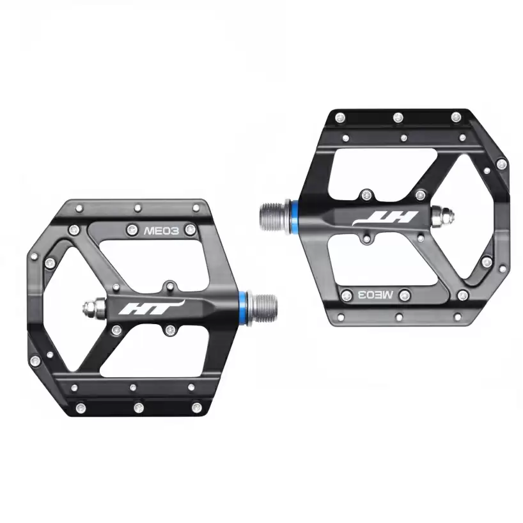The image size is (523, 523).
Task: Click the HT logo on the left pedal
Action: (151, 308)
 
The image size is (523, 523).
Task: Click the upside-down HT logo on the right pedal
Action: (385, 219)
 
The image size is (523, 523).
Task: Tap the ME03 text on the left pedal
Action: (161, 231)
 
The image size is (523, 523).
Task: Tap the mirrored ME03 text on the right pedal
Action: (375, 295)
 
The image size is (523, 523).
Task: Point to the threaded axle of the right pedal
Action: (275, 216)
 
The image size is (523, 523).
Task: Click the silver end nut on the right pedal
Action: (442, 216)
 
